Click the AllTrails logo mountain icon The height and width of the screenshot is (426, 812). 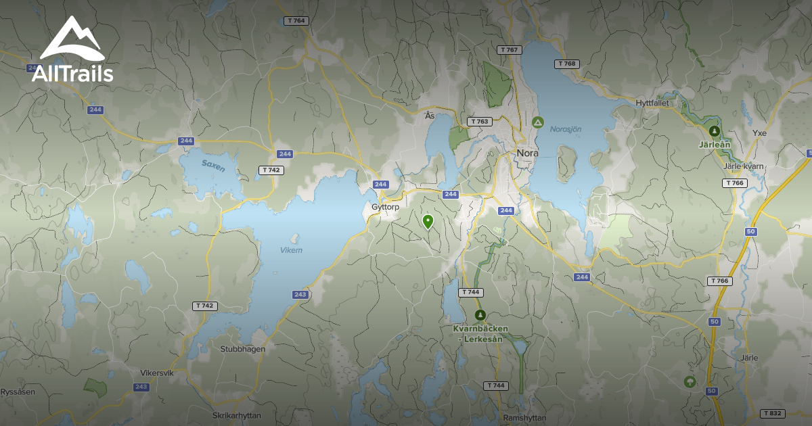pos(72,39)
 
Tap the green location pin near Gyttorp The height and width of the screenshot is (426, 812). pos(428,221)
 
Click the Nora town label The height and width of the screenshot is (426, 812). pos(527,153)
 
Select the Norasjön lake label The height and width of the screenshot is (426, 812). pos(565,129)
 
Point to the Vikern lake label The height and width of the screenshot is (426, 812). pos(291,250)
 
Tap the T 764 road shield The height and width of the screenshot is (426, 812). pos(296,21)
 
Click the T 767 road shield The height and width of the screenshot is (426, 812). pos(510,50)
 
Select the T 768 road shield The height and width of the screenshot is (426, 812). pos(567,64)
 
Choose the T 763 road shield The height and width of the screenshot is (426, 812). pos(478,122)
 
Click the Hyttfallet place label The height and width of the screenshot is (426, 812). pos(652,103)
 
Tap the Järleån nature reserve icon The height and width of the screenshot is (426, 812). pos(713,131)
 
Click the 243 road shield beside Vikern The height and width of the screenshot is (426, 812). pos(301,295)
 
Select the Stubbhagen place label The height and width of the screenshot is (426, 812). pos(243,349)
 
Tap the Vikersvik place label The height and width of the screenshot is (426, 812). pos(157,373)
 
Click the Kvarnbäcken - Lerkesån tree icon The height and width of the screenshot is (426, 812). pos(480,315)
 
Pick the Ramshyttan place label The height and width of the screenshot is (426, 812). pos(525,418)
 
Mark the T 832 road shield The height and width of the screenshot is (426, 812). pos(772,413)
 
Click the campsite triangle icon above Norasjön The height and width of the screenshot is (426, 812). pos(537,122)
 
